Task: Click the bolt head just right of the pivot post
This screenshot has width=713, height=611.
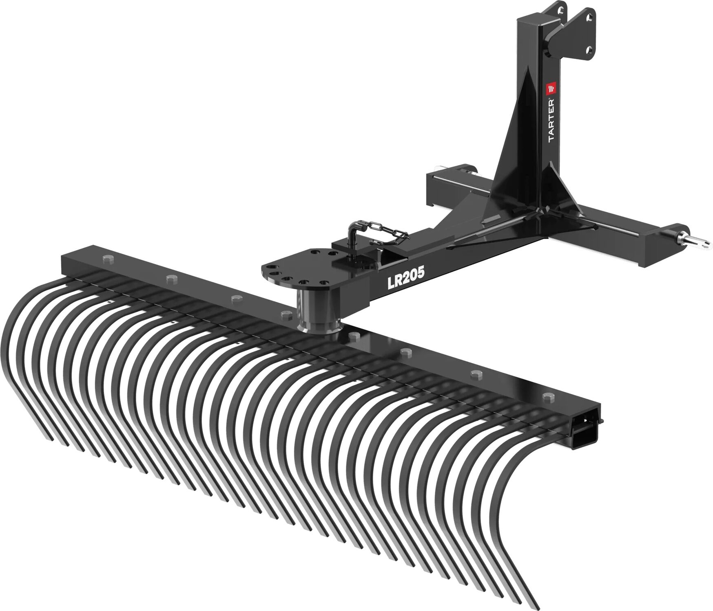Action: (354, 335)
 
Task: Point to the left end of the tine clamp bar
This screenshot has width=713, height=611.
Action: (65, 265)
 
